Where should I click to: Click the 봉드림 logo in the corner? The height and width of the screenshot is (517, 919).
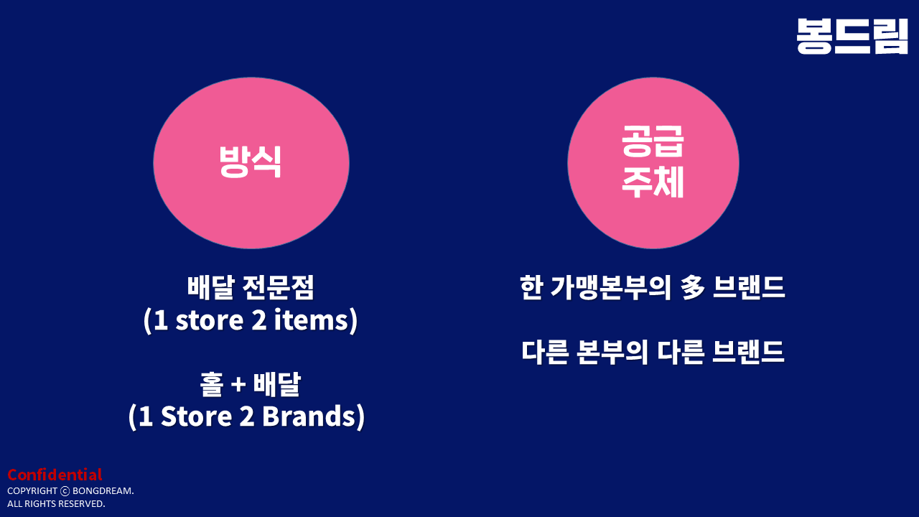pyautogui.click(x=852, y=36)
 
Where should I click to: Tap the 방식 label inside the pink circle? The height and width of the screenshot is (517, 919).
pyautogui.click(x=251, y=162)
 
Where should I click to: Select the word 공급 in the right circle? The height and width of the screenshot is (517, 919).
pyautogui.click(x=653, y=141)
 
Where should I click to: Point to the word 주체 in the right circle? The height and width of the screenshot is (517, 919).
pyautogui.click(x=653, y=182)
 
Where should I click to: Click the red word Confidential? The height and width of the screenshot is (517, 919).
pyautogui.click(x=55, y=475)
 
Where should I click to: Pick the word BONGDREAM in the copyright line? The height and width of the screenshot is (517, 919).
pyautogui.click(x=103, y=490)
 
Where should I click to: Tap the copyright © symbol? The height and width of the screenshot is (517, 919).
pyautogui.click(x=65, y=491)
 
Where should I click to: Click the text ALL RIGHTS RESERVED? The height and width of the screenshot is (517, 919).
pyautogui.click(x=56, y=504)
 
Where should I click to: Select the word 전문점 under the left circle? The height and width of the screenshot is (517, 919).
pyautogui.click(x=279, y=287)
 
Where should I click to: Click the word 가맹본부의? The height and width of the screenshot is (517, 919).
pyautogui.click(x=610, y=287)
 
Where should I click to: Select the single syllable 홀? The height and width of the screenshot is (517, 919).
pyautogui.click(x=212, y=384)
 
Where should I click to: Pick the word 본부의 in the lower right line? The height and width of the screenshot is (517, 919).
pyautogui.click(x=612, y=352)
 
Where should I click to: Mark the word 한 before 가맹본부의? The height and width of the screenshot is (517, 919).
pyautogui.click(x=532, y=287)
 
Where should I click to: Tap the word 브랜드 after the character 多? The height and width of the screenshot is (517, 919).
pyautogui.click(x=749, y=287)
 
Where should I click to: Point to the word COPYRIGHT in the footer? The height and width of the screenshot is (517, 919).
pyautogui.click(x=32, y=490)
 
